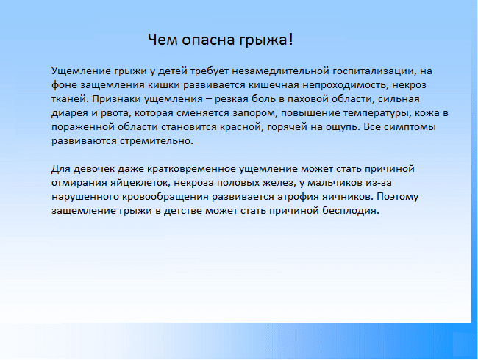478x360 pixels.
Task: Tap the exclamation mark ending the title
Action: click(290, 39)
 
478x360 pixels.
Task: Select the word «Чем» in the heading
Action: click(163, 40)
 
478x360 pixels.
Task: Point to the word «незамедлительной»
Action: click(280, 71)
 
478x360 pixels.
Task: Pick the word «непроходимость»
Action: click(346, 85)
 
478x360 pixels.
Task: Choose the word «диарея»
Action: click(70, 114)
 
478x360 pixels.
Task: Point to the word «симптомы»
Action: click(410, 127)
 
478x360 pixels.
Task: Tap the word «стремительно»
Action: click(157, 141)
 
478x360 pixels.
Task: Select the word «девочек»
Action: click(94, 169)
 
